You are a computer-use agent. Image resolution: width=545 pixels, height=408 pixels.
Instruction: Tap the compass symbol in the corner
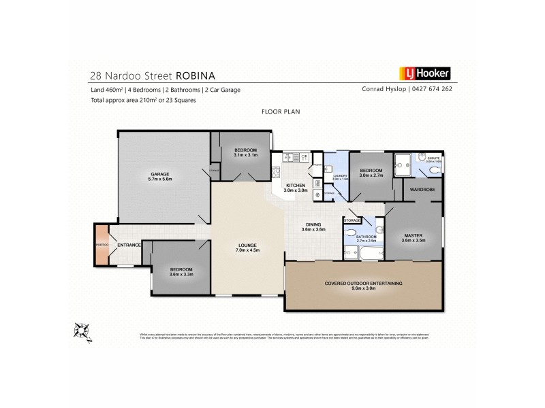82,330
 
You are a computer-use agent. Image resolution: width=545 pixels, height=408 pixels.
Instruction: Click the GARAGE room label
161,176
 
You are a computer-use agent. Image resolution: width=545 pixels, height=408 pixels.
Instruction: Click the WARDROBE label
422,190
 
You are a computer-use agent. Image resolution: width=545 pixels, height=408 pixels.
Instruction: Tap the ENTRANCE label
129,245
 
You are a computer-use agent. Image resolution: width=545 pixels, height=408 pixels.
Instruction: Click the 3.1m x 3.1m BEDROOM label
245,152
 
